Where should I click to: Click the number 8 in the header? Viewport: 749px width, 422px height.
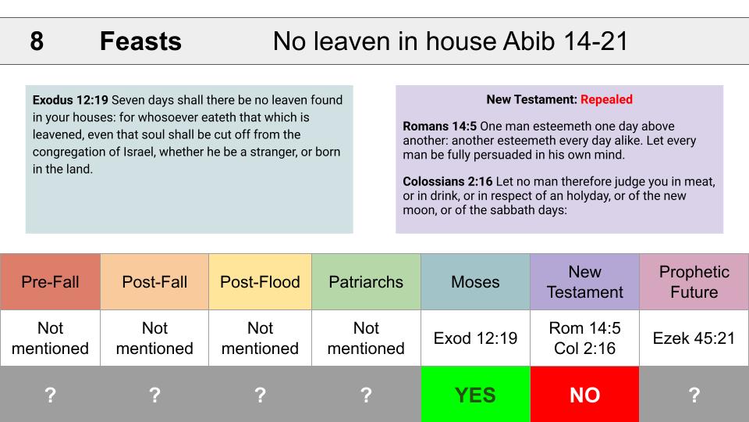(x=37, y=41)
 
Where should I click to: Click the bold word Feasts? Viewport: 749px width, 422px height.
(x=140, y=41)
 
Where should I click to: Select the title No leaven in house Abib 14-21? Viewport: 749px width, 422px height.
(x=450, y=41)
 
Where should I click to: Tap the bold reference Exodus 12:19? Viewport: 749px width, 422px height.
(x=70, y=100)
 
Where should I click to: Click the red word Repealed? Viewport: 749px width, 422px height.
(x=606, y=99)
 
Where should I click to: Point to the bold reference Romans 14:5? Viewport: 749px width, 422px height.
(x=439, y=127)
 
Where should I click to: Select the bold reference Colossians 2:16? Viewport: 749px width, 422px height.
(x=448, y=182)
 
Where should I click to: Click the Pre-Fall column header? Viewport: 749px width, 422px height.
(x=50, y=282)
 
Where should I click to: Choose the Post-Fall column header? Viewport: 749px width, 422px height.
(x=154, y=282)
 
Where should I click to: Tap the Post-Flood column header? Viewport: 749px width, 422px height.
(x=260, y=282)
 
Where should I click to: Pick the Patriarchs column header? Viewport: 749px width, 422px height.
(x=366, y=282)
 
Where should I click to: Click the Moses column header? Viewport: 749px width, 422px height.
(x=475, y=282)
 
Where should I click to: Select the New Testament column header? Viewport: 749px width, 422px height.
(x=584, y=282)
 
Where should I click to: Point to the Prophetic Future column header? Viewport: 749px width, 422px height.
(x=694, y=282)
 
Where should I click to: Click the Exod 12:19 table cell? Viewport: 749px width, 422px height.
(x=475, y=338)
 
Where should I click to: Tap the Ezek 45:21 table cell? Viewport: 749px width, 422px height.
(x=694, y=338)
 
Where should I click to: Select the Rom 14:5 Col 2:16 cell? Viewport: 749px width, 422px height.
(x=584, y=338)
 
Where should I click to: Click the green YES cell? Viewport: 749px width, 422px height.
(x=475, y=394)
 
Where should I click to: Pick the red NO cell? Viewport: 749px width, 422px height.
(x=584, y=394)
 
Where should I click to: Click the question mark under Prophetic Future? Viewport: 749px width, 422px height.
(x=694, y=395)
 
